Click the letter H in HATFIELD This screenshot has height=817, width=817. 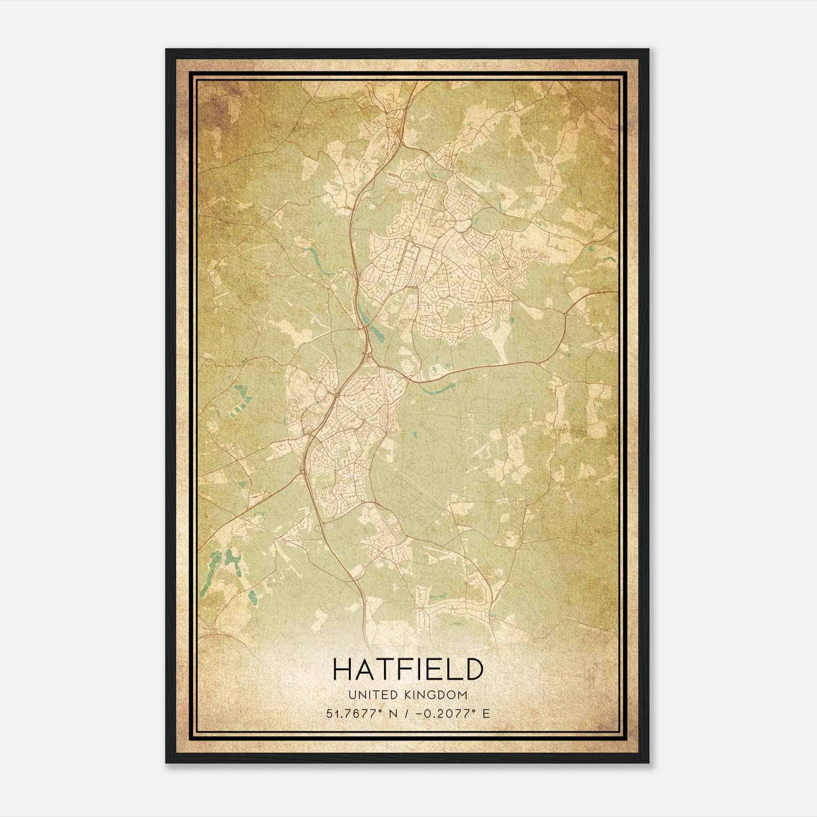point(343,669)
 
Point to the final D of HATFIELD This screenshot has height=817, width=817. point(473,669)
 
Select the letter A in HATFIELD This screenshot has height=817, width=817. point(365,669)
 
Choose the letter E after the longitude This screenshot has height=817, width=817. point(486,713)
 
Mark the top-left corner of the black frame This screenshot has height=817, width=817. point(167,50)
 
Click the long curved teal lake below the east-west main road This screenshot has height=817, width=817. point(437,389)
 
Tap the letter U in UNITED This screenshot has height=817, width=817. point(352,695)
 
